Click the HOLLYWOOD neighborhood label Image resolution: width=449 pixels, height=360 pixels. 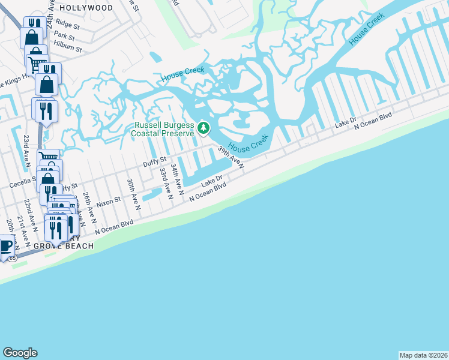[86, 8]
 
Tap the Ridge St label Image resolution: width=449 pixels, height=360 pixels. [67, 25]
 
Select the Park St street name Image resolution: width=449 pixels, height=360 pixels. [64, 37]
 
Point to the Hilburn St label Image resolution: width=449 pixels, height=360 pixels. [67, 48]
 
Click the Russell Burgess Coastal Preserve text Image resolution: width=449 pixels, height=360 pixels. [163, 129]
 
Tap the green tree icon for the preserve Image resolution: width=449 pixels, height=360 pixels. [204, 128]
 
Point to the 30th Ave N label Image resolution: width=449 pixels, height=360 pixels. [133, 193]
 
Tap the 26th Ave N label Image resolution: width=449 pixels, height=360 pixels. [90, 206]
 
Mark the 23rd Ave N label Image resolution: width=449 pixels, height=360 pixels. [26, 148]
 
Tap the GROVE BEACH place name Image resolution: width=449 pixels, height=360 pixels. [64, 246]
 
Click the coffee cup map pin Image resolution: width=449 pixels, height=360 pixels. [6, 246]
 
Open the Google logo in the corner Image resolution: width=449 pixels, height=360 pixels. [20, 353]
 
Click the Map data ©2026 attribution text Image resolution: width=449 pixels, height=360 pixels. [424, 355]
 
